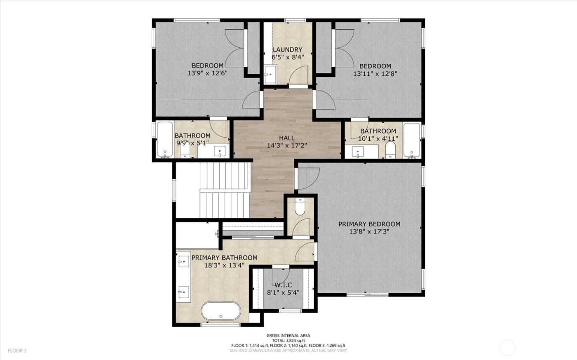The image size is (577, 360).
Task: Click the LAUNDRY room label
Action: [x=287, y=50]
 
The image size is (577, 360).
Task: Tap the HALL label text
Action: [x=287, y=138]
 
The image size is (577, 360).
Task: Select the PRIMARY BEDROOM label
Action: [x=369, y=224]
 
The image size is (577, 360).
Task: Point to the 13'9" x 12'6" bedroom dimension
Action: [x=208, y=73]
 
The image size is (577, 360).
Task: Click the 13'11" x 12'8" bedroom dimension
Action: [x=375, y=74]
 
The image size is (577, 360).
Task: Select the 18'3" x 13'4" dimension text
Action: [x=225, y=265]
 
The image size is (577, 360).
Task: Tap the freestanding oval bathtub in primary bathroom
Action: [x=221, y=311]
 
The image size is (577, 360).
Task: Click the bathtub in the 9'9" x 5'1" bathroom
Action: [x=165, y=140]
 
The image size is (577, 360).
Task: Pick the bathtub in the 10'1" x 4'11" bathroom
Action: [x=411, y=140]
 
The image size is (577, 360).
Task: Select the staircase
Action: [x=225, y=189]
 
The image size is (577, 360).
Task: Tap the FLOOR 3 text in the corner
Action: [x=17, y=351]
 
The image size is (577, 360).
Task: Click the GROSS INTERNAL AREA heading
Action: [x=288, y=336]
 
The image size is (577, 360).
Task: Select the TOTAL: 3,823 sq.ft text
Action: [x=288, y=341]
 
